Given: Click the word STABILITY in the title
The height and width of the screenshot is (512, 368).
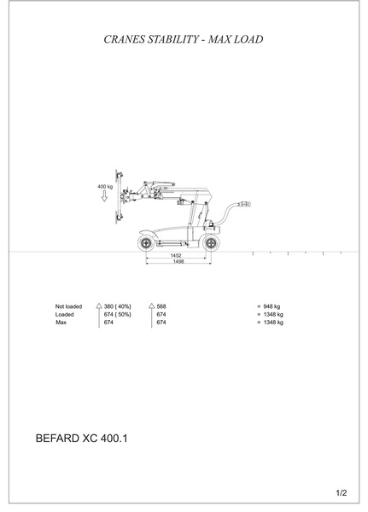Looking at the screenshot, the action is point(173,39).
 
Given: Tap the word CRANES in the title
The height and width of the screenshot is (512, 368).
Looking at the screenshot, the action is point(124,39).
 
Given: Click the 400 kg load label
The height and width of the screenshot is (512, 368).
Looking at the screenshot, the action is point(105,187).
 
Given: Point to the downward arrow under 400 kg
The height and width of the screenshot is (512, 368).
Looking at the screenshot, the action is point(104,196).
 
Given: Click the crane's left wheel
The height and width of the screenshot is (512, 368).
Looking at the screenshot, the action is point(146,243).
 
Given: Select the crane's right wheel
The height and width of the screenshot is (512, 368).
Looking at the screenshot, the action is point(211,243).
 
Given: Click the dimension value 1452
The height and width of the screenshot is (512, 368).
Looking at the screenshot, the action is point(176,255).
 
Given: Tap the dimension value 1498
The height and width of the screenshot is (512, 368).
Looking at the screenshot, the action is point(178,262).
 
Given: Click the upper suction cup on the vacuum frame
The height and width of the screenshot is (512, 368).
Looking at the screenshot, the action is point(120,176).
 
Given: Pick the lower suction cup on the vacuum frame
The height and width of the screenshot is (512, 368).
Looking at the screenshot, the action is point(120,217).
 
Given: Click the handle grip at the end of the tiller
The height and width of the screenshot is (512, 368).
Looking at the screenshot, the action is point(245,204).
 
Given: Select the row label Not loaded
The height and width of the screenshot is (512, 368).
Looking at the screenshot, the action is point(68,306).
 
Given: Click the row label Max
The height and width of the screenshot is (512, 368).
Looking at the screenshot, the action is point(61,323).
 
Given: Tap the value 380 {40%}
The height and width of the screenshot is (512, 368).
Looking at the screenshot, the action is point(118,306).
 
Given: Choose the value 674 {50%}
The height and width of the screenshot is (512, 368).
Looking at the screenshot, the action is point(118,314).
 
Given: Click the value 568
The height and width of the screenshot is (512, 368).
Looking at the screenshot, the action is point(161,306).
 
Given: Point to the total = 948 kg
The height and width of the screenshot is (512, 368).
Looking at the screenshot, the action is point(269,306).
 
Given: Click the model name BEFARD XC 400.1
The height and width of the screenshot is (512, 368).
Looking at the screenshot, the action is point(81,439).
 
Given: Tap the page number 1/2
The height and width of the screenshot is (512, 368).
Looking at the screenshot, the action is point(342,493).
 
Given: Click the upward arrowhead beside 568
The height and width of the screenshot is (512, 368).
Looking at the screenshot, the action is point(151,306).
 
